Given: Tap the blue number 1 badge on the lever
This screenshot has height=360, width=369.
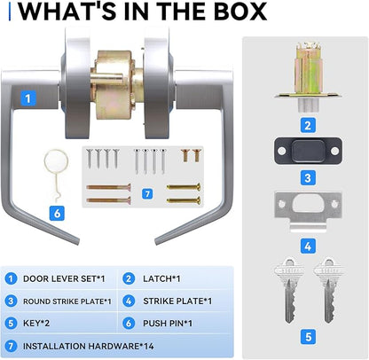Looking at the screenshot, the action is (28, 98).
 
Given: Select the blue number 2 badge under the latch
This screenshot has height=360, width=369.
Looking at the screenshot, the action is (308, 125).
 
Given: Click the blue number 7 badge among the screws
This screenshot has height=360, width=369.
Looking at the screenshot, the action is (147, 194).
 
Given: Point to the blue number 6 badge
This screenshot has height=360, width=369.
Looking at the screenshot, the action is (57, 213).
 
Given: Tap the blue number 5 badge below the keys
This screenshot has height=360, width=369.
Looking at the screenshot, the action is (308, 337).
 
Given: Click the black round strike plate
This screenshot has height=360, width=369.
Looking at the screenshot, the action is (308, 151).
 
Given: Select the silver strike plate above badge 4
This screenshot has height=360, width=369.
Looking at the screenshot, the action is (308, 211).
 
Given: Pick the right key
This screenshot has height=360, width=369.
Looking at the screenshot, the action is (328, 291).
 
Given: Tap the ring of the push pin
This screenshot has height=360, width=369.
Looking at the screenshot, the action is (56, 161).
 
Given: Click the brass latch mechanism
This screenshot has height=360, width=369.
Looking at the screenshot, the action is (308, 77).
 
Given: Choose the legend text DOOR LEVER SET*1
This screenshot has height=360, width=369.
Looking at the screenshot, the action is (64, 278).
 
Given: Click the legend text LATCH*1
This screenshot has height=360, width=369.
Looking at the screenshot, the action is (161, 278).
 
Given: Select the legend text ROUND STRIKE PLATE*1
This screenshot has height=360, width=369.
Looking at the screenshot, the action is (67, 301).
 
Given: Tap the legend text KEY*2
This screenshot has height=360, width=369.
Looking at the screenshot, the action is (36, 324).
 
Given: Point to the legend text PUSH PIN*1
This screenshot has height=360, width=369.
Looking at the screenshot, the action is (168, 324).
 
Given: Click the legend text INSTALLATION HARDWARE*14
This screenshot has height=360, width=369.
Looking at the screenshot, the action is (89, 346).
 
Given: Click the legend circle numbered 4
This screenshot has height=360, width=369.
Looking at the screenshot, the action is (129, 301).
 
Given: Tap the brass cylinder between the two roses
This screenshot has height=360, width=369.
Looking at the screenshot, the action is (117, 85).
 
